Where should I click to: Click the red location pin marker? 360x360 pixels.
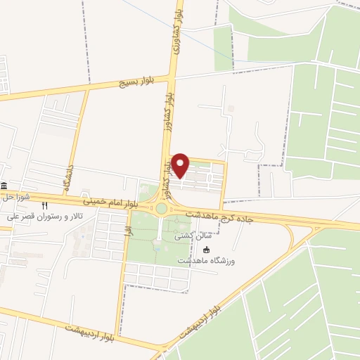click(181, 165)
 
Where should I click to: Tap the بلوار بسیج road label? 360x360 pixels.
click(132, 82)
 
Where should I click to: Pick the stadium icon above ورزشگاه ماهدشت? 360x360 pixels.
click(206, 250)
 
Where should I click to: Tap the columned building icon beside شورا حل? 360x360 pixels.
click(5, 186)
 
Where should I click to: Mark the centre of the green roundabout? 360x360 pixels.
click(162, 208)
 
